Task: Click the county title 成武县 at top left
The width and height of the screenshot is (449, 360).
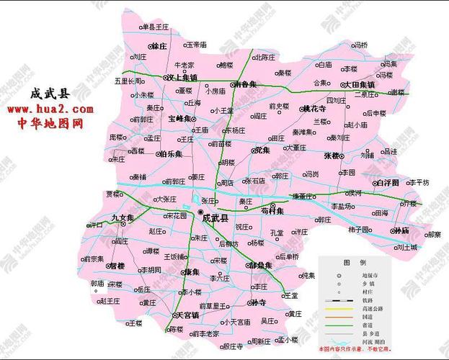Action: click(x=49, y=94)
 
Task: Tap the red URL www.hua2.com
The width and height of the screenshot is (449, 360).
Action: click(x=50, y=109)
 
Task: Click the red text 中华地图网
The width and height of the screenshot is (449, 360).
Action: click(x=50, y=123)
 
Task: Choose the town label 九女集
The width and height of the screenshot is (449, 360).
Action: click(x=123, y=217)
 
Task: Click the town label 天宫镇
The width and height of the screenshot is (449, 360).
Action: click(x=186, y=315)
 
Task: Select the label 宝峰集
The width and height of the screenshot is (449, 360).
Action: click(x=179, y=118)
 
